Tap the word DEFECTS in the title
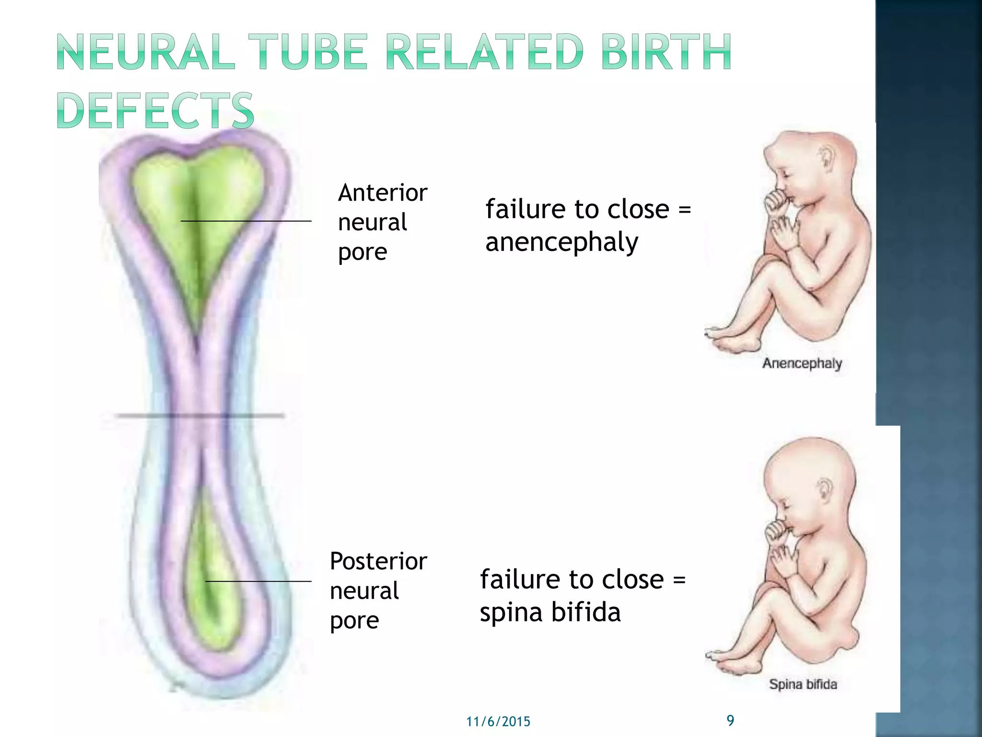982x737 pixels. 155,111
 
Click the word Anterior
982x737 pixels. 382,193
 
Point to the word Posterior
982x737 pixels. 378,561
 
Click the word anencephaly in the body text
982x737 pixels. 561,242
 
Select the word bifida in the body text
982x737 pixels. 585,612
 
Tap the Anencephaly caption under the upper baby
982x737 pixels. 802,363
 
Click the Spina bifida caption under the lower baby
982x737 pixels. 803,684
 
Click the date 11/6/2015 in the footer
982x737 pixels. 498,722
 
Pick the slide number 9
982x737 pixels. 730,720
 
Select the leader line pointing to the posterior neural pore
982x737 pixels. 258,582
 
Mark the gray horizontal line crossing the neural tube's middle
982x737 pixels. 199,416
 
